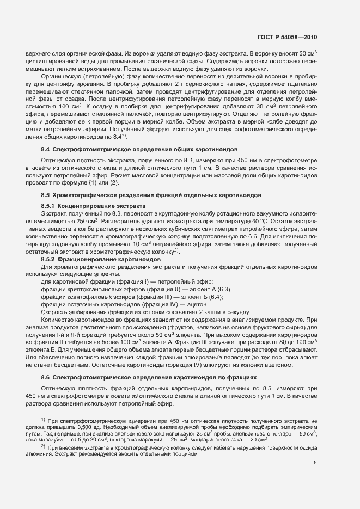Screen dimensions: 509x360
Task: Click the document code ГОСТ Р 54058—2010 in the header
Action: [x=287, y=38]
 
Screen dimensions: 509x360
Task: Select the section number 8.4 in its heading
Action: [x=46, y=164]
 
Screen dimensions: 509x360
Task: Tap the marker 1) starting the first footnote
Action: [x=43, y=420]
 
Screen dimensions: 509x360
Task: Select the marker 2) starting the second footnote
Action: [x=43, y=446]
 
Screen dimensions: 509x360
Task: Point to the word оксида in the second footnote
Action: [x=307, y=447]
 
